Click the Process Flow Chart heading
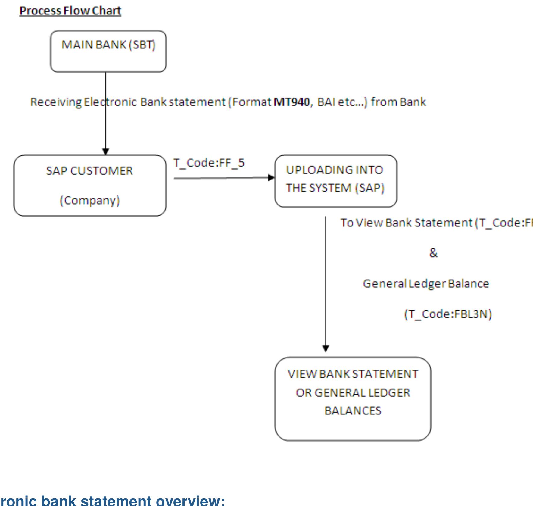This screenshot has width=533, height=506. [x=70, y=11]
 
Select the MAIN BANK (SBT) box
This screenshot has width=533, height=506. [x=108, y=52]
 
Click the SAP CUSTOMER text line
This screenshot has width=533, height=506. [x=89, y=171]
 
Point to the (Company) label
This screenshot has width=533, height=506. [x=90, y=201]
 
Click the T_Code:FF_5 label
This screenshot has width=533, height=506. [x=209, y=163]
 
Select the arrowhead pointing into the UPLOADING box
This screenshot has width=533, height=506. [x=271, y=178]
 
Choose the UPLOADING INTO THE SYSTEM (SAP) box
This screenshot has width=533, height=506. [x=335, y=181]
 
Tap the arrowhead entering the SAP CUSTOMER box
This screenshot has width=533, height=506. [x=105, y=151]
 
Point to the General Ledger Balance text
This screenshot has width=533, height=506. [x=426, y=284]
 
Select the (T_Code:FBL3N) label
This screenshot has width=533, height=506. [x=448, y=314]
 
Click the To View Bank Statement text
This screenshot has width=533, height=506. [x=407, y=223]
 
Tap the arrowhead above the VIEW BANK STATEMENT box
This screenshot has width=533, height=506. [x=326, y=348]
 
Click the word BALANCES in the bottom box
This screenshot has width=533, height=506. [x=353, y=411]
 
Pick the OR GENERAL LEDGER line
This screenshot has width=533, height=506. [x=353, y=393]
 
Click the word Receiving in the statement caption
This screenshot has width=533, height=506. [x=56, y=102]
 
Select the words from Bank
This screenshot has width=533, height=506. [x=398, y=102]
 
